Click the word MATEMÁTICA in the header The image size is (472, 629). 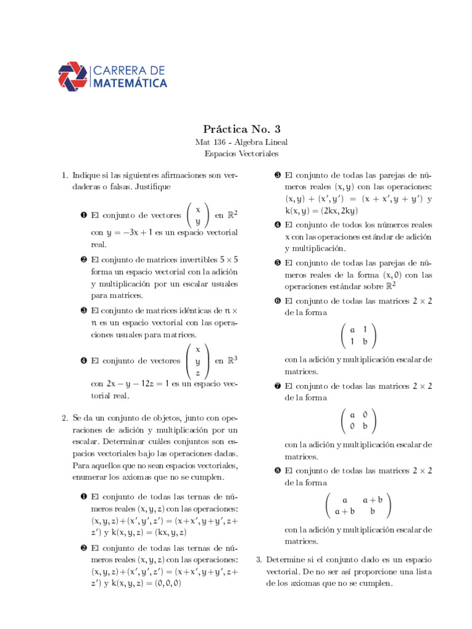(130, 82)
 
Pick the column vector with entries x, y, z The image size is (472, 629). (197, 361)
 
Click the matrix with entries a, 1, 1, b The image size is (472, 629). (358, 335)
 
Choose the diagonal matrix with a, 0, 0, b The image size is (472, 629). (358, 420)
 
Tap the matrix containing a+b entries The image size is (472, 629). (358, 505)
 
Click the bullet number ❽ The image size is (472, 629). (278, 471)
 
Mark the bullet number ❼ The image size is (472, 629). (278, 386)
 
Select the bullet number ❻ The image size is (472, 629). (278, 302)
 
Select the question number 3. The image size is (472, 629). (259, 560)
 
